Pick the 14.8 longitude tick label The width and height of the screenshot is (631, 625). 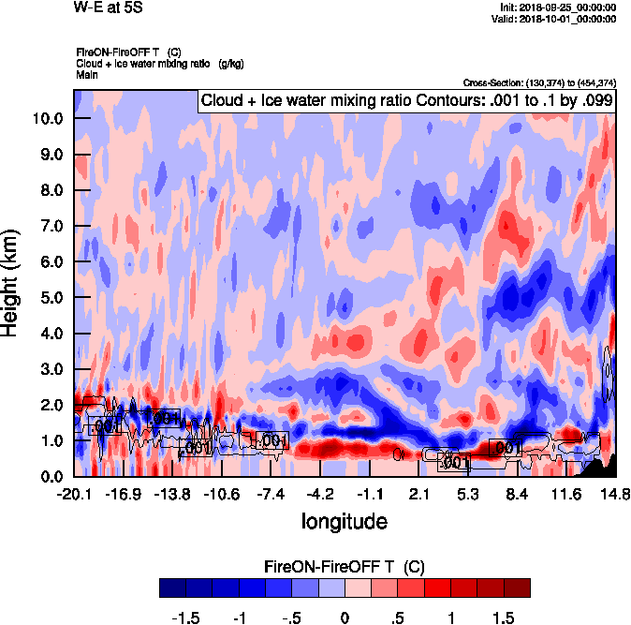[x=614, y=494]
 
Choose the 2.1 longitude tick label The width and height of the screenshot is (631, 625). [x=419, y=494]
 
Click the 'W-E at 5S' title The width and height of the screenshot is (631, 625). [x=104, y=7]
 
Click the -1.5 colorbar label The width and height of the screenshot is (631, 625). [x=185, y=618]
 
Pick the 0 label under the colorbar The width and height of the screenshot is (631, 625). [x=345, y=618]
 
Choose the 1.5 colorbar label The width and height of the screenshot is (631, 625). [x=504, y=618]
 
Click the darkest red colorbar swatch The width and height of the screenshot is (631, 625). [x=517, y=588]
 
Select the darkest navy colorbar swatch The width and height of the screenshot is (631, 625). [x=172, y=588]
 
